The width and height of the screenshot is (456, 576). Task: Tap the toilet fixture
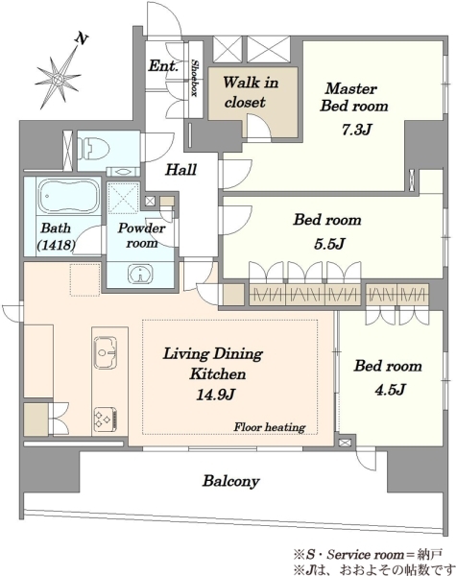click(x=94, y=149)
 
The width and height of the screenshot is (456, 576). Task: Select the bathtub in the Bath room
click(x=69, y=196)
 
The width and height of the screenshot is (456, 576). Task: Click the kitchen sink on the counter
click(x=106, y=352)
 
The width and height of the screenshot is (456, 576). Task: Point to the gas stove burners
click(x=106, y=420)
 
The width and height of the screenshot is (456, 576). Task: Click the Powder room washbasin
click(x=140, y=274)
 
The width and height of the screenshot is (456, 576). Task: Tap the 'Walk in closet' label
click(x=251, y=92)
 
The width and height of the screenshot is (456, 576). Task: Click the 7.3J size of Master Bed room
click(x=357, y=130)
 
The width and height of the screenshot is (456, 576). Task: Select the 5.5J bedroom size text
click(x=329, y=244)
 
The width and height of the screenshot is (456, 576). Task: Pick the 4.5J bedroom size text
click(x=390, y=390)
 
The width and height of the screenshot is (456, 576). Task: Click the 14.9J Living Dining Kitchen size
click(x=216, y=395)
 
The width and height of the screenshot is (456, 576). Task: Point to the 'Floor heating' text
click(x=270, y=427)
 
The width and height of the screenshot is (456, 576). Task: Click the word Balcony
click(x=231, y=481)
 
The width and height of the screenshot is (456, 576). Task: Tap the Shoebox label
click(x=195, y=79)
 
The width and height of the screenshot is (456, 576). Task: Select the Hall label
click(x=181, y=170)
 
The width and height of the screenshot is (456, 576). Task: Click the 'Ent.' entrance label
click(x=163, y=66)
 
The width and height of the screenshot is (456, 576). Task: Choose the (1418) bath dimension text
click(x=57, y=245)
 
